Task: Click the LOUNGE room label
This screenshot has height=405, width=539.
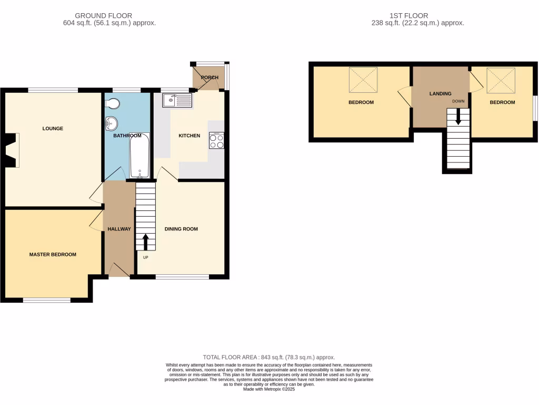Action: (x=53, y=128)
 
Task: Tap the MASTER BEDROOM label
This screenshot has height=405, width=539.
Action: (x=53, y=254)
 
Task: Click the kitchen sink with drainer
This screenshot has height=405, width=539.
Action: (x=178, y=100)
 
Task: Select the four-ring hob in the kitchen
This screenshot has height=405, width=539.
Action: (x=216, y=140)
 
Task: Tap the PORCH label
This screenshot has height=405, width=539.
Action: (x=209, y=78)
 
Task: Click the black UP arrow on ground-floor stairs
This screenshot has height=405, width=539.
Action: (x=145, y=242)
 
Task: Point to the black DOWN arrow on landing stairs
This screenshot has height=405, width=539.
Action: (x=458, y=117)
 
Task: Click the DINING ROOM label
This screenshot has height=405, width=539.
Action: (x=181, y=229)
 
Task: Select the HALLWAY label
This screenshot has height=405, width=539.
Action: (x=119, y=229)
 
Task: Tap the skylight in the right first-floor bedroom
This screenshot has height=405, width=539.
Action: (x=501, y=80)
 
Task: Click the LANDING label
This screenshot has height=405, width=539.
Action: (x=440, y=93)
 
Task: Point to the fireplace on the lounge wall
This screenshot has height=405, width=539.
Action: (x=13, y=150)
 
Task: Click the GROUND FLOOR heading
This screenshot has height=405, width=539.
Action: (x=104, y=16)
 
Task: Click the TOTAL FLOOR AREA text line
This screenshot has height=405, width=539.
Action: (x=269, y=357)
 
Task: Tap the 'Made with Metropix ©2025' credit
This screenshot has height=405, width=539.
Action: (x=269, y=389)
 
